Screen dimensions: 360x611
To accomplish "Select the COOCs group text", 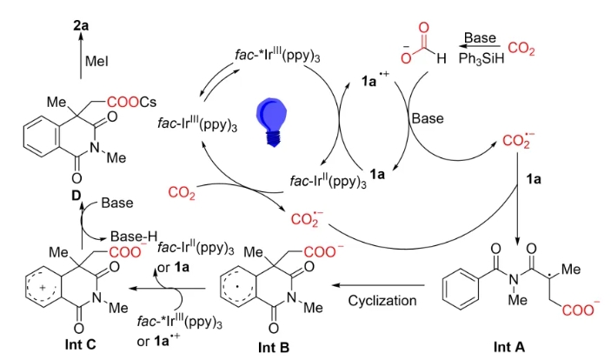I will click(138, 103).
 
